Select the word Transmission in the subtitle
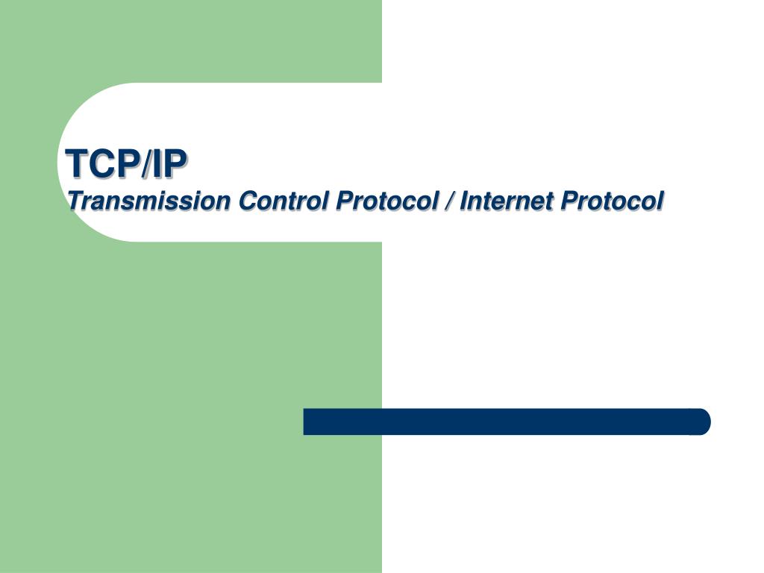tap(148, 201)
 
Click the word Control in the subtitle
tap(283, 201)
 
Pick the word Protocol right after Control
tap(387, 201)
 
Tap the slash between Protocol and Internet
tap(448, 201)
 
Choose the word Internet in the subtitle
tap(507, 201)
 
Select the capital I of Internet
tap(465, 200)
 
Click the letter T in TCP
tap(78, 163)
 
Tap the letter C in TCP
tap(103, 163)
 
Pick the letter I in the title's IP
tap(157, 163)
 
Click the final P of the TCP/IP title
tap(175, 163)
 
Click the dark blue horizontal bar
tap(507, 422)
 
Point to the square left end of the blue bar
tap(305, 422)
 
